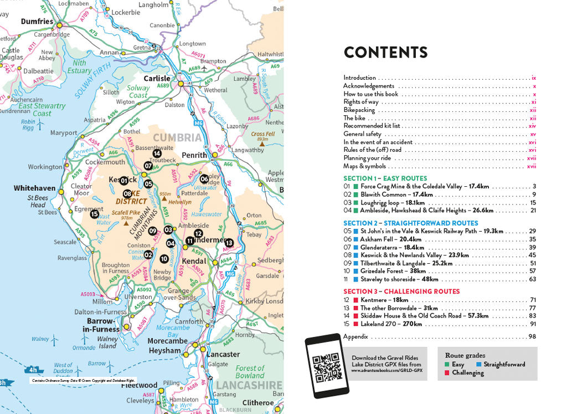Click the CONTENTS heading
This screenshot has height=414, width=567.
pyautogui.click(x=385, y=53)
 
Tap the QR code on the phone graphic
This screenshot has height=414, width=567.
pyautogui.click(x=326, y=366)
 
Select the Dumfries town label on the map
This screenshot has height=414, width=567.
pyautogui.click(x=37, y=22)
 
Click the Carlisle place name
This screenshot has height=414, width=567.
pyautogui.click(x=157, y=79)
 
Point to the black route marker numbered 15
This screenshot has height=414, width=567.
pyautogui.click(x=95, y=214)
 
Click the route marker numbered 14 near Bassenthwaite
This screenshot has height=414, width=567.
pyautogui.click(x=157, y=154)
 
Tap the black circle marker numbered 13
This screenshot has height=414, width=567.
pyautogui.click(x=229, y=243)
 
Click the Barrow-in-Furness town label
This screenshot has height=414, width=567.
pyautogui.click(x=100, y=325)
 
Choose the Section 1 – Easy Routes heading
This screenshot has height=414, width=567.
pyautogui.click(x=385, y=178)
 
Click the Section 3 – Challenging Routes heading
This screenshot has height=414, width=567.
pyautogui.click(x=401, y=292)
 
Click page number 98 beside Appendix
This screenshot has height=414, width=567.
pyautogui.click(x=532, y=337)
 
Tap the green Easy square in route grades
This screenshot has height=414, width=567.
pyautogui.click(x=447, y=365)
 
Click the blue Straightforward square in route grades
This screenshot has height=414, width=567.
pyautogui.click(x=478, y=365)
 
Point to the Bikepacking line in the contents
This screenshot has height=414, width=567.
pyautogui.click(x=359, y=110)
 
